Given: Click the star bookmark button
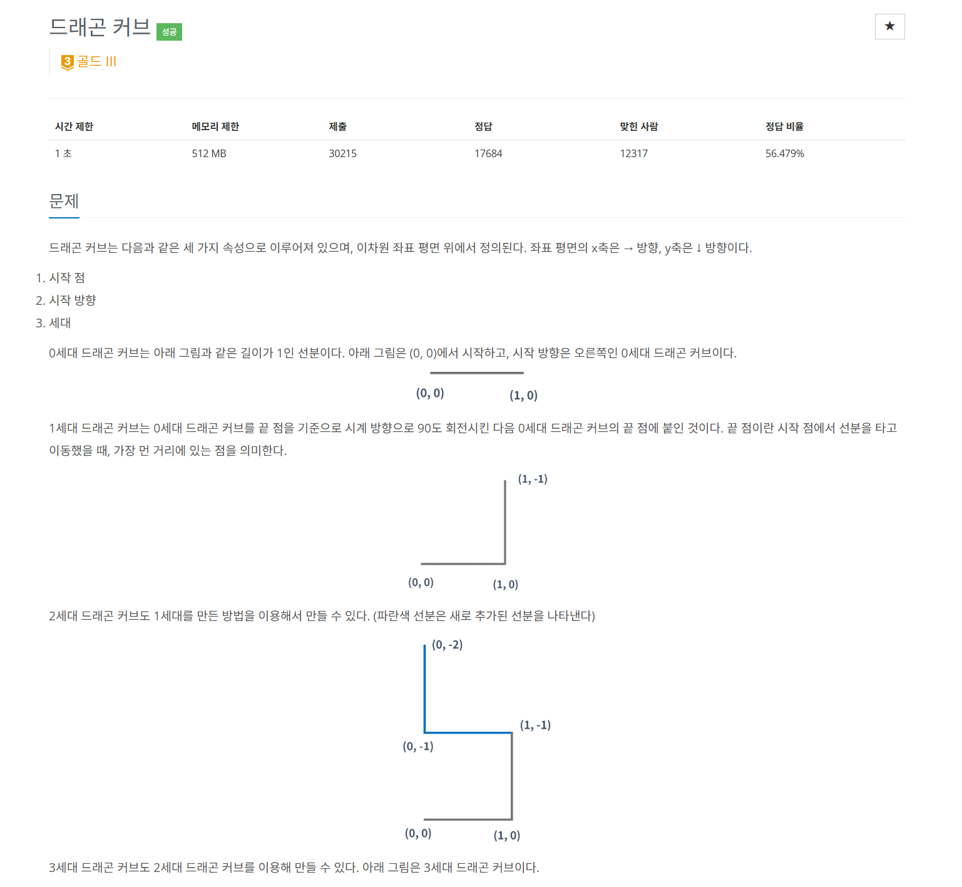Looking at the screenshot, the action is [889, 26].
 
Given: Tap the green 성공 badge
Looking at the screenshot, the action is [169, 32].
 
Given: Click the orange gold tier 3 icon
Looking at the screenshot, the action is [68, 62].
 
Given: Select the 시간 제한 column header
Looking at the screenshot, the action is [74, 126].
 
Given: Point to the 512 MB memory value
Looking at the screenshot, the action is [209, 153].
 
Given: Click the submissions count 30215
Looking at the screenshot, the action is [342, 153].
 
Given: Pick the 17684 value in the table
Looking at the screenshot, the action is [488, 153].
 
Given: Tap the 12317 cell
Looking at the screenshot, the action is [633, 153].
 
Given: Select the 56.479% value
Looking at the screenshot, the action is [784, 153].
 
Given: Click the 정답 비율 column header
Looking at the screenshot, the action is [784, 126].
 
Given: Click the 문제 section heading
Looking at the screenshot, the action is [64, 201].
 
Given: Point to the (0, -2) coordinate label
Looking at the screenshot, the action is [447, 645].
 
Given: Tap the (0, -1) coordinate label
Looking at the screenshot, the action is [418, 746].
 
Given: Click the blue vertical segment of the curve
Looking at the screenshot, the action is [424, 689].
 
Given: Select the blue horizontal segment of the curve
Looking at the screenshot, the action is [468, 732].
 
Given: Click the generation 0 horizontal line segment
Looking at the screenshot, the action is [477, 373].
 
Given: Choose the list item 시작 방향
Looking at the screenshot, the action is [73, 300].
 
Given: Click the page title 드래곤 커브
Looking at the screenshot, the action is [100, 27].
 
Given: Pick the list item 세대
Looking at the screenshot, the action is [60, 323].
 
